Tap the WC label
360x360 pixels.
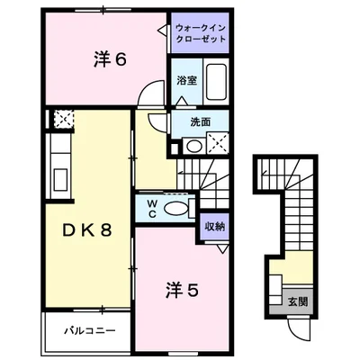click(x=152, y=208)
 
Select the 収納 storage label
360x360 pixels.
click(x=213, y=227)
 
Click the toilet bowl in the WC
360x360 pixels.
click(x=178, y=209)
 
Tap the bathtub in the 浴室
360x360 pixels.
click(x=216, y=82)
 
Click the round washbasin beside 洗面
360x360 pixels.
click(x=193, y=144)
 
